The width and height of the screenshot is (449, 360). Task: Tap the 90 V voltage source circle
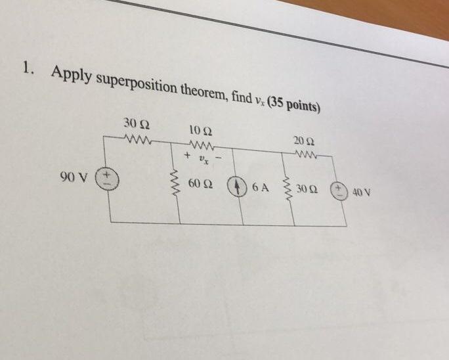[x=106, y=179]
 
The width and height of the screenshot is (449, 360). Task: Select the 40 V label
[x=362, y=192]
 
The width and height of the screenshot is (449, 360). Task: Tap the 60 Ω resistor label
[x=199, y=183]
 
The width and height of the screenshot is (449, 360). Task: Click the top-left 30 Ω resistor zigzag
[x=139, y=138]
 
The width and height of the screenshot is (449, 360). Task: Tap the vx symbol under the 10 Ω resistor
[x=203, y=158]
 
